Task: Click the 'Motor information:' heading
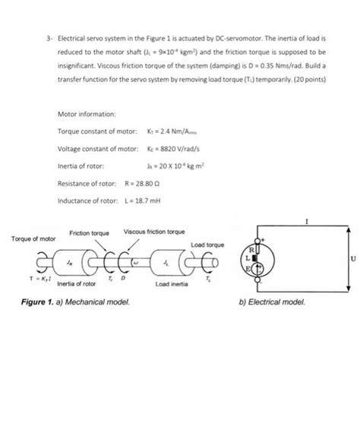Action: pos(86,114)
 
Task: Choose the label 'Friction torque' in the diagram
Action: pos(89,232)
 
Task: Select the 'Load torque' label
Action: pos(207,245)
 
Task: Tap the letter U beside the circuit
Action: pos(352,259)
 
